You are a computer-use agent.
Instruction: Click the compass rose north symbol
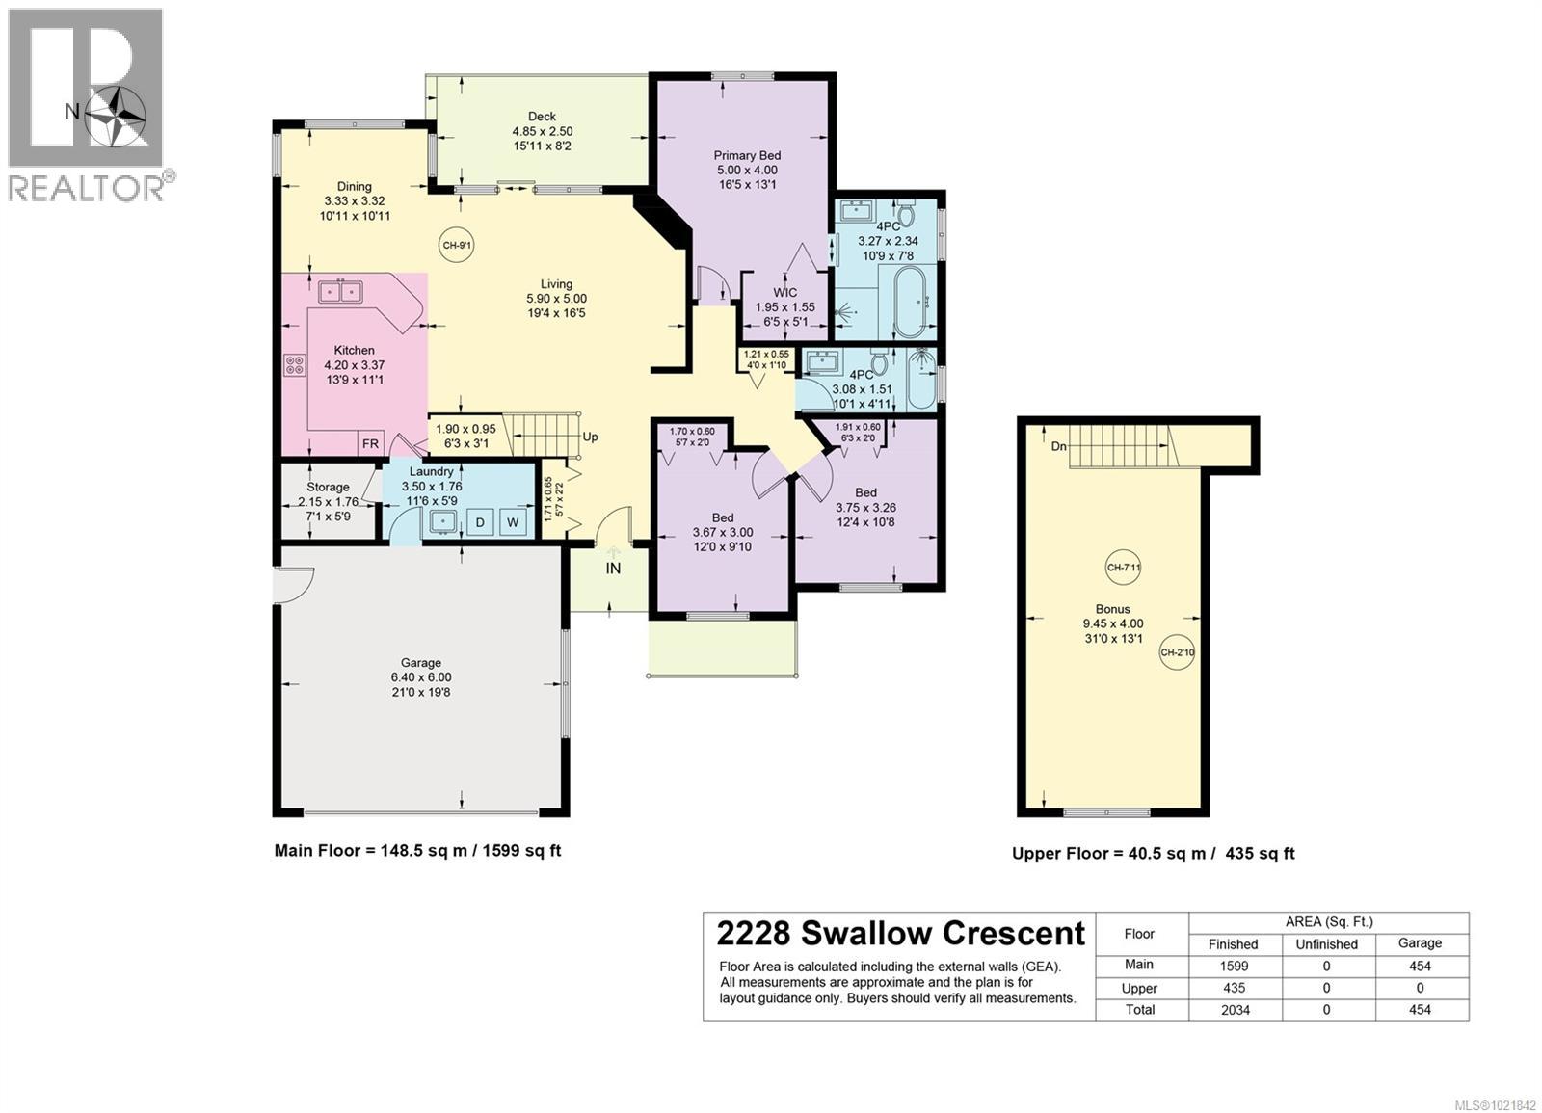pyautogui.click(x=115, y=113)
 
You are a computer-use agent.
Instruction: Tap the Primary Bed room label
pyautogui.click(x=747, y=155)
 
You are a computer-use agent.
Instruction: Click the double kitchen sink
pyautogui.click(x=340, y=289)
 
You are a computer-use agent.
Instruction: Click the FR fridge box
pyautogui.click(x=370, y=443)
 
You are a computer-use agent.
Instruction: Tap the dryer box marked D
pyautogui.click(x=480, y=523)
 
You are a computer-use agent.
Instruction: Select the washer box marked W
pyautogui.click(x=513, y=523)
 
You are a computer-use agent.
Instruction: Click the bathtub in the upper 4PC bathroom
pyautogui.click(x=909, y=302)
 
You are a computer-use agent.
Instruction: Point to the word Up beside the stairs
pyautogui.click(x=591, y=437)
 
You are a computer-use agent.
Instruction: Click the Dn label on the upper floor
pyautogui.click(x=1057, y=446)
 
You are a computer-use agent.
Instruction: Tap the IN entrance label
pyautogui.click(x=613, y=569)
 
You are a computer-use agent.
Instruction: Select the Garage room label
pyautogui.click(x=421, y=662)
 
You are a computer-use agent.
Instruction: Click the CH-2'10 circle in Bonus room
pyautogui.click(x=1177, y=652)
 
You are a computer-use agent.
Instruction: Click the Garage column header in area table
pyautogui.click(x=1420, y=943)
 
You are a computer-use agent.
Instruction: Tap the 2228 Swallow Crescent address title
pyautogui.click(x=900, y=934)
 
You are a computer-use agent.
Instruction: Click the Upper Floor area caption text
pyautogui.click(x=1153, y=853)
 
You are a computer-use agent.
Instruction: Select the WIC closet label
pyautogui.click(x=784, y=292)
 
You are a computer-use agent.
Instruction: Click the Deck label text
pyautogui.click(x=542, y=116)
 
